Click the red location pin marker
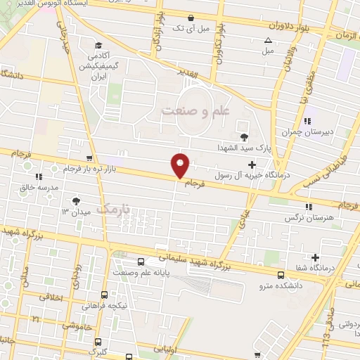[181, 165]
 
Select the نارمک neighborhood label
[114, 208]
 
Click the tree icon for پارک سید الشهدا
[244, 136]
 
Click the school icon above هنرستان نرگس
[309, 207]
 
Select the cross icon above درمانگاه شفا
[316, 257]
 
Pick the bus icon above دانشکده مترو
[281, 275]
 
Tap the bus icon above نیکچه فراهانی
[105, 295]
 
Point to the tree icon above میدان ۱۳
[75, 202]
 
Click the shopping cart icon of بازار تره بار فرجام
[88, 157]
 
